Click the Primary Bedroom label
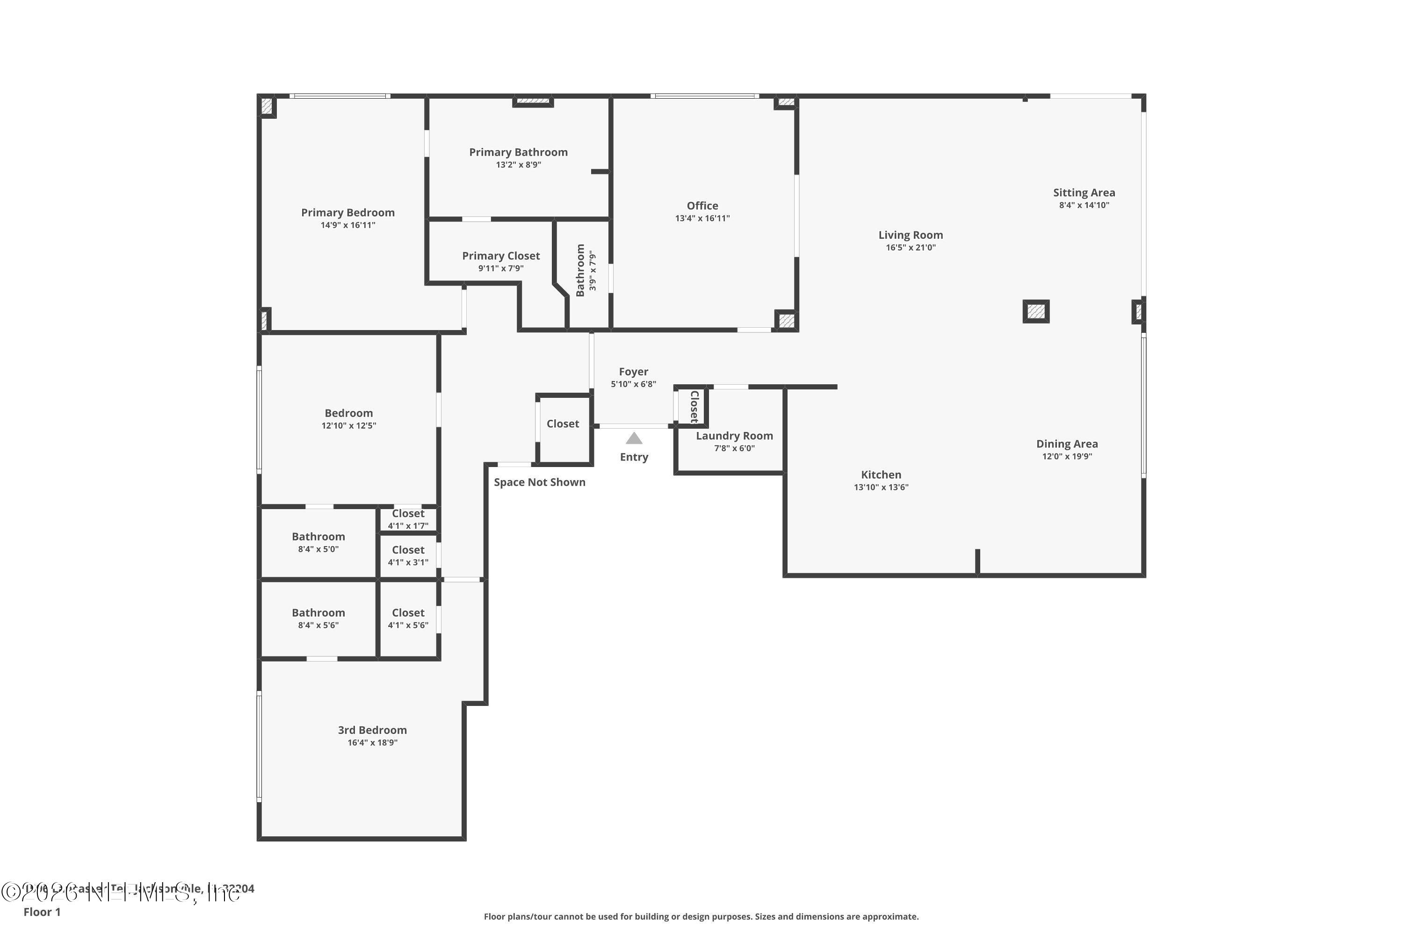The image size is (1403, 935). point(348,213)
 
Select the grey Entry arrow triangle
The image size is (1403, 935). point(634,439)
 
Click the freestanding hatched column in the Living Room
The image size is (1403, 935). point(1036,311)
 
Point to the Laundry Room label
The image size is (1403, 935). point(734,436)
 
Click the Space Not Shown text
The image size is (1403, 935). point(539,482)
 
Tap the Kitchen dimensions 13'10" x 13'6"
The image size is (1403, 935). point(881,488)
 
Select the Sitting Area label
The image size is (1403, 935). point(1084,193)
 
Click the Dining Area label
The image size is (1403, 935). point(1067,444)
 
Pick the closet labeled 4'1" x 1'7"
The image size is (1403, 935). point(408,519)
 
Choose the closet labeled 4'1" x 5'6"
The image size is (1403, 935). point(408,619)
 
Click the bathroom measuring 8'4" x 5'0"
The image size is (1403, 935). point(318,542)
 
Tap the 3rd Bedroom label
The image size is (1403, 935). point(372,730)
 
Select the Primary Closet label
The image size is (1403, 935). point(500,256)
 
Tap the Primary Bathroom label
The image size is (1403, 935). point(518,152)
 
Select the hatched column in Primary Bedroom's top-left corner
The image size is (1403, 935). point(267,107)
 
